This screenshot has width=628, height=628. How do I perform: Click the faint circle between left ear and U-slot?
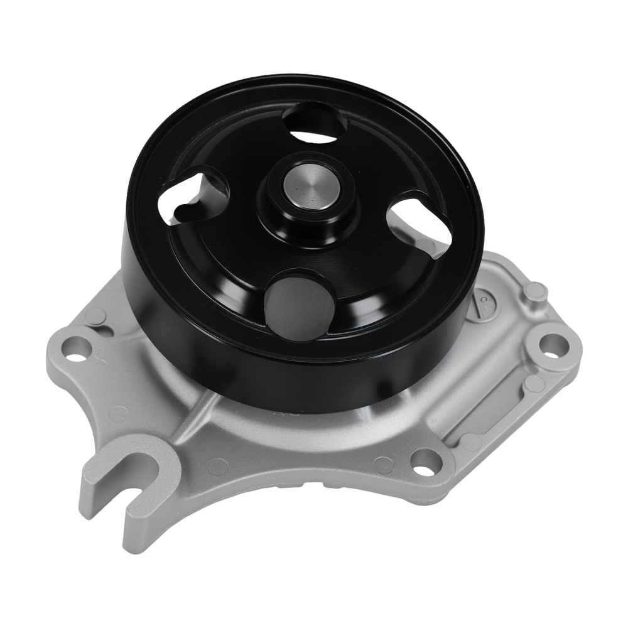pyautogui.click(x=117, y=414)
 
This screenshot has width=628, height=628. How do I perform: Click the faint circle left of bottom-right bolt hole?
pyautogui.click(x=381, y=464)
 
